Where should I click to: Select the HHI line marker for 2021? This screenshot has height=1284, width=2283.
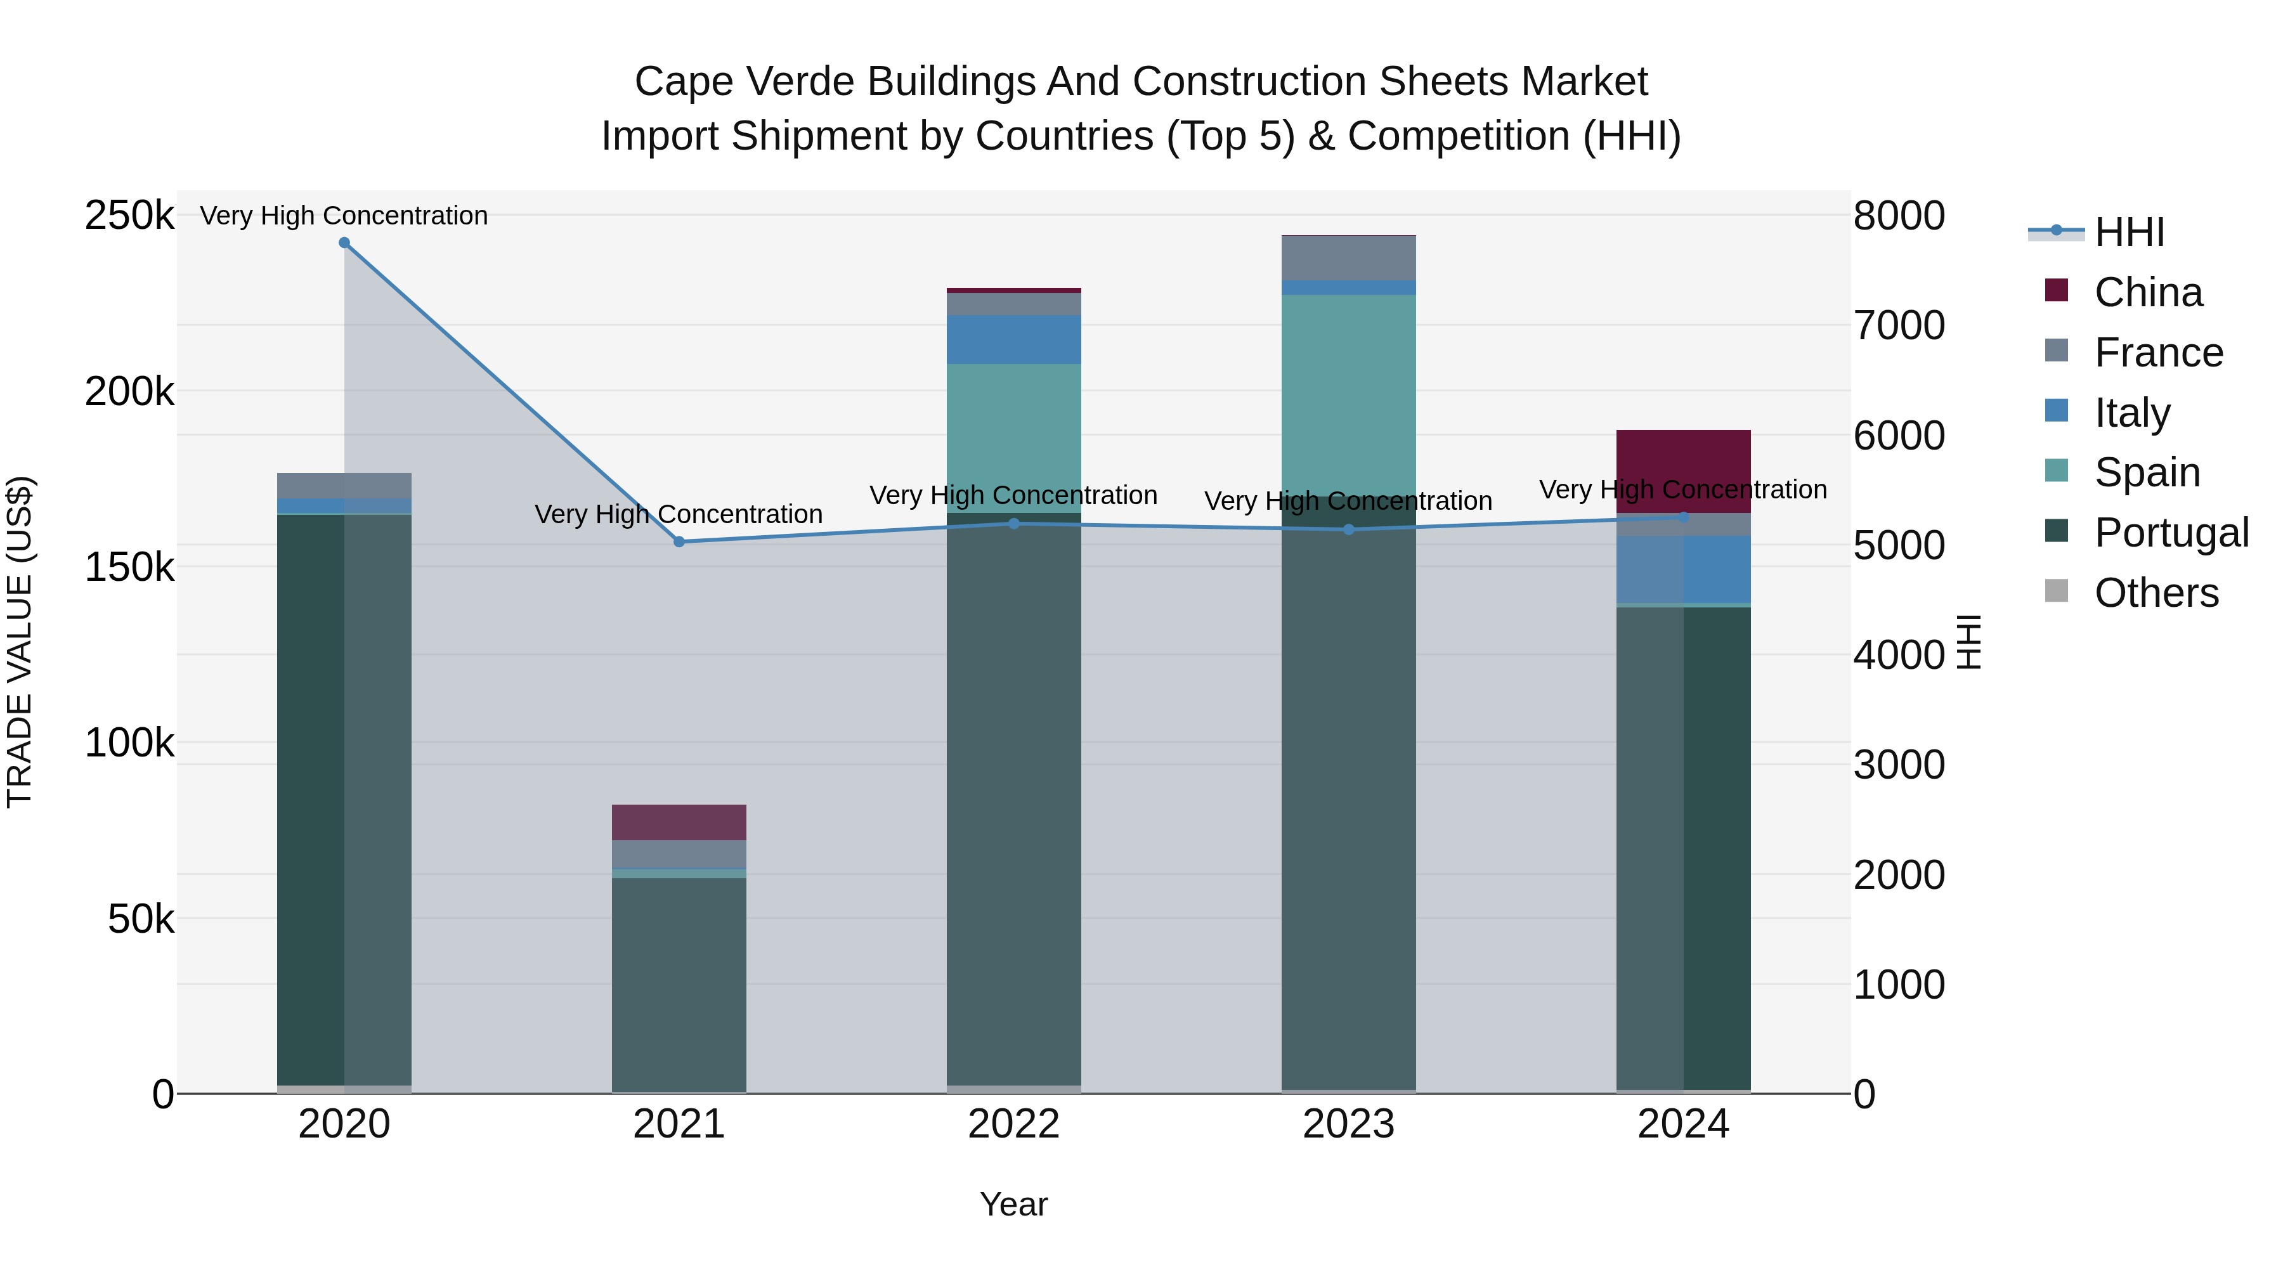pyautogui.click(x=679, y=541)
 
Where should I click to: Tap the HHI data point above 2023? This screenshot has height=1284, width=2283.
pyautogui.click(x=1348, y=530)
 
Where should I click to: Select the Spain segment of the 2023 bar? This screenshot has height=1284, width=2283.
pyautogui.click(x=1348, y=394)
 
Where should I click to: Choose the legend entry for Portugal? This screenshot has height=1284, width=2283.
pyautogui.click(x=2171, y=533)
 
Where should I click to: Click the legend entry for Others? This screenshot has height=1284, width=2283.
pyautogui.click(x=2156, y=593)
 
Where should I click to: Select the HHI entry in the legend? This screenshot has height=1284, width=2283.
pyautogui.click(x=2129, y=232)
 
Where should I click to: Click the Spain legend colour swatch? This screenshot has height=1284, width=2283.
pyautogui.click(x=2056, y=470)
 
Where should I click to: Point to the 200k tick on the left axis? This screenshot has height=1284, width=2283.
pyautogui.click(x=129, y=391)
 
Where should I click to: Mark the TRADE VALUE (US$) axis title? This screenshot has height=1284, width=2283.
pyautogui.click(x=20, y=642)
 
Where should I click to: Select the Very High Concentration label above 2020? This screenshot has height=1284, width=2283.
pyautogui.click(x=344, y=216)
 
